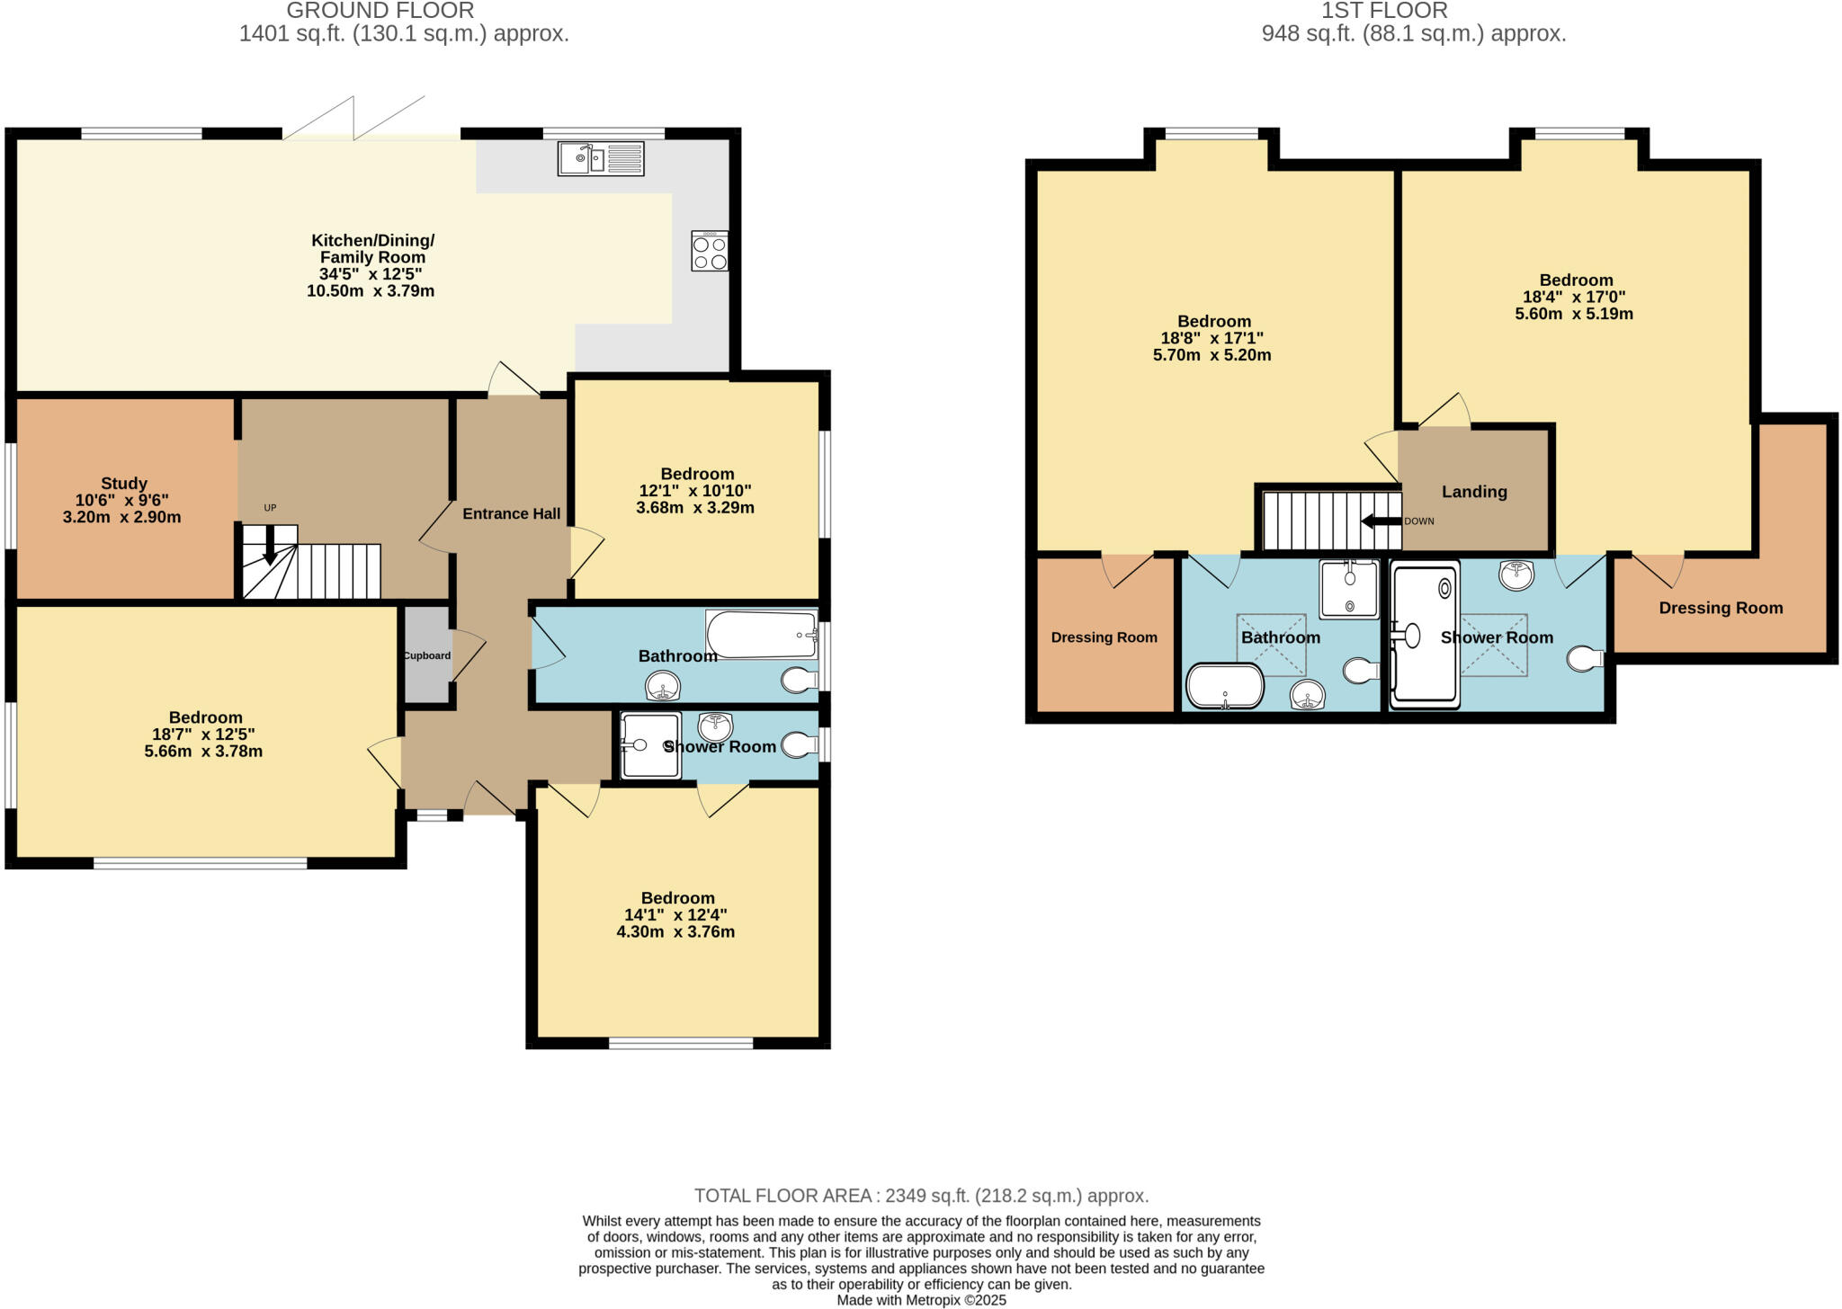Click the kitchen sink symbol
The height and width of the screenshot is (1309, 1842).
tap(600, 159)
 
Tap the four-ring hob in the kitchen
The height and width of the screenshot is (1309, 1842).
tap(710, 252)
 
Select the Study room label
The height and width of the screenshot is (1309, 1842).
tap(124, 484)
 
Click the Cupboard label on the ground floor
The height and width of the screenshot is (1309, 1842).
tap(426, 655)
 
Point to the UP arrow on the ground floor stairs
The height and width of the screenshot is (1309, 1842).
tap(270, 543)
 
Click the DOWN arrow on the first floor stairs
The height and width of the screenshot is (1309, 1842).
tap(1381, 521)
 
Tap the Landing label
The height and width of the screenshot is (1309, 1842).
tap(1474, 492)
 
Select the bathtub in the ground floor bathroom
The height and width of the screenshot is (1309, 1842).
tap(761, 635)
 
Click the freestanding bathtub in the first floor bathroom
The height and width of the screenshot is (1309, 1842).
tap(1225, 687)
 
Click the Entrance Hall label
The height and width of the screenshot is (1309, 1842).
tap(511, 513)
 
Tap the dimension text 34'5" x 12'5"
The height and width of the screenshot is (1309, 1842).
tap(371, 274)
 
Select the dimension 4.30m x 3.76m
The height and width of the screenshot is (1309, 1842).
tap(675, 932)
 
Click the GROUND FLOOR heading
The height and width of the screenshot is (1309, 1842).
tap(380, 11)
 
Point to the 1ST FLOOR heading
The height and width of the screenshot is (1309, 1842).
tap(1384, 11)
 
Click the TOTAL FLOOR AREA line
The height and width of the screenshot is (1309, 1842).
tap(921, 1196)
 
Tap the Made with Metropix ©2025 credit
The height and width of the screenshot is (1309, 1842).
tap(921, 1300)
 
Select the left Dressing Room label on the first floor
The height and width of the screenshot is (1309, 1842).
tap(1104, 637)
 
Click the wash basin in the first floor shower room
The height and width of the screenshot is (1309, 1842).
tap(1516, 574)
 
